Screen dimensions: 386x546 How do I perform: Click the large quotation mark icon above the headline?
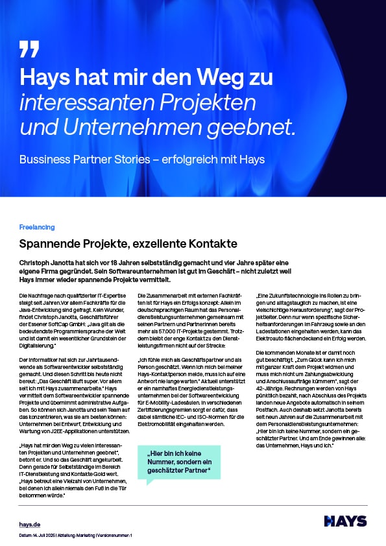[29, 49]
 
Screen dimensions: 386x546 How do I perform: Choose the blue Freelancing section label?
[37, 228]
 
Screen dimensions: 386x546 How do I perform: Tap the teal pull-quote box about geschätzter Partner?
[179, 462]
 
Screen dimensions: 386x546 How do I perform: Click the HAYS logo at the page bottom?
[344, 521]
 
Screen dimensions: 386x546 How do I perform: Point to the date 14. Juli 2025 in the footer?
[43, 536]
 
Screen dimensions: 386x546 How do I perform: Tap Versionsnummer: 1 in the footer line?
[114, 536]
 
